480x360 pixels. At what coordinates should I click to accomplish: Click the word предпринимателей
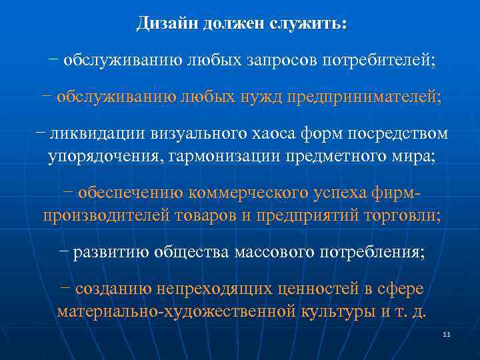click(x=363, y=97)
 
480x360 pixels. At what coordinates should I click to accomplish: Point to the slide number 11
click(x=447, y=333)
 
